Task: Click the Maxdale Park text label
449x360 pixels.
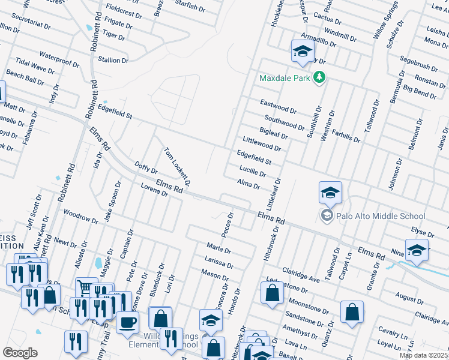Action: (285, 78)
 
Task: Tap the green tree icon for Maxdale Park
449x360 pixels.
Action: (320, 77)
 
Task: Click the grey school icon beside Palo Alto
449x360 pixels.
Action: (327, 216)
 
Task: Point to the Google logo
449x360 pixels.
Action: (20, 353)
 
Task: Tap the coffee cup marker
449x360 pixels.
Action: (127, 322)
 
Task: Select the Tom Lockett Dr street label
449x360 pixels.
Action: (178, 166)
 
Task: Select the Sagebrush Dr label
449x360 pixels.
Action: (419, 59)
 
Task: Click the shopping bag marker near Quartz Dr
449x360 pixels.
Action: (352, 311)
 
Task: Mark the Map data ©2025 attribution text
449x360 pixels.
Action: (424, 355)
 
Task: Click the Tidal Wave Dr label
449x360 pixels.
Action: (35, 66)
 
